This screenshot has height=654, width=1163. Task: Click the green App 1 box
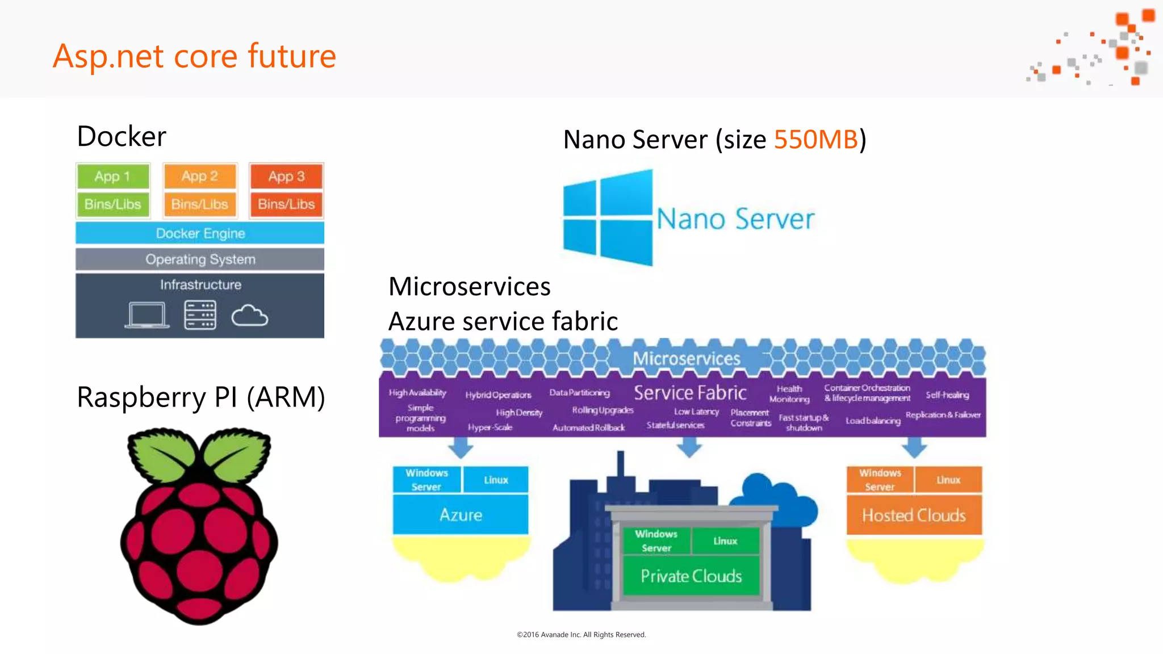click(x=112, y=176)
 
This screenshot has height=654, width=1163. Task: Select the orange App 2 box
click(x=199, y=176)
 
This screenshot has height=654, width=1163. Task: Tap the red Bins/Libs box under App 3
click(x=286, y=204)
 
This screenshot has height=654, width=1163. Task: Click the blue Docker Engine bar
click(x=200, y=233)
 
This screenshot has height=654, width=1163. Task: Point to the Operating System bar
click(x=200, y=259)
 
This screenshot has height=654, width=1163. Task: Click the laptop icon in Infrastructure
click(x=147, y=316)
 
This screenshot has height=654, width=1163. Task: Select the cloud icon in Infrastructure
click(x=249, y=316)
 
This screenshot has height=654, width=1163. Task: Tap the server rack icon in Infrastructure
click(x=200, y=315)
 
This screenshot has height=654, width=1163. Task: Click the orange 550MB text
click(x=815, y=140)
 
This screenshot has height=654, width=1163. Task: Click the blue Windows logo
click(x=608, y=218)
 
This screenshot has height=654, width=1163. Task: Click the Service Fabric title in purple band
click(x=689, y=393)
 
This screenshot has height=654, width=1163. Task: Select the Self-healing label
click(x=947, y=395)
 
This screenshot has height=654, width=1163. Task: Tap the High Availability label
click(x=417, y=393)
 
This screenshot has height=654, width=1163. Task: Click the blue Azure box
click(x=461, y=515)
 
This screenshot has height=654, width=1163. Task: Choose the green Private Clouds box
click(x=691, y=576)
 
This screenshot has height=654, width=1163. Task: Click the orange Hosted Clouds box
click(x=914, y=515)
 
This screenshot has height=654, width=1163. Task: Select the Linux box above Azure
click(x=496, y=480)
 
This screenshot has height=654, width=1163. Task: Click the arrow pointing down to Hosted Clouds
click(x=914, y=448)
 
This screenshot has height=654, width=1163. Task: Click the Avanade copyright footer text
click(x=581, y=635)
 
